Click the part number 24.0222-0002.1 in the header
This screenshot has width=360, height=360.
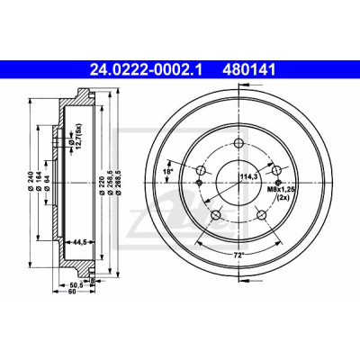click(147, 70)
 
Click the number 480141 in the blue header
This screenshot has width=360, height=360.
click(248, 70)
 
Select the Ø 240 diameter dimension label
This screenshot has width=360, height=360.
click(30, 182)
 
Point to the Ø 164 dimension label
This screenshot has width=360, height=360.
click(39, 182)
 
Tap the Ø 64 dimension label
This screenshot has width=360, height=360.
click(47, 184)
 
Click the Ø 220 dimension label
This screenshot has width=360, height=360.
click(103, 182)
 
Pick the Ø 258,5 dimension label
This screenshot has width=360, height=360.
click(111, 182)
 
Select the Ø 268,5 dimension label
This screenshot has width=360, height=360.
click(118, 182)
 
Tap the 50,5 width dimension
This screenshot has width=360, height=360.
click(76, 285)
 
